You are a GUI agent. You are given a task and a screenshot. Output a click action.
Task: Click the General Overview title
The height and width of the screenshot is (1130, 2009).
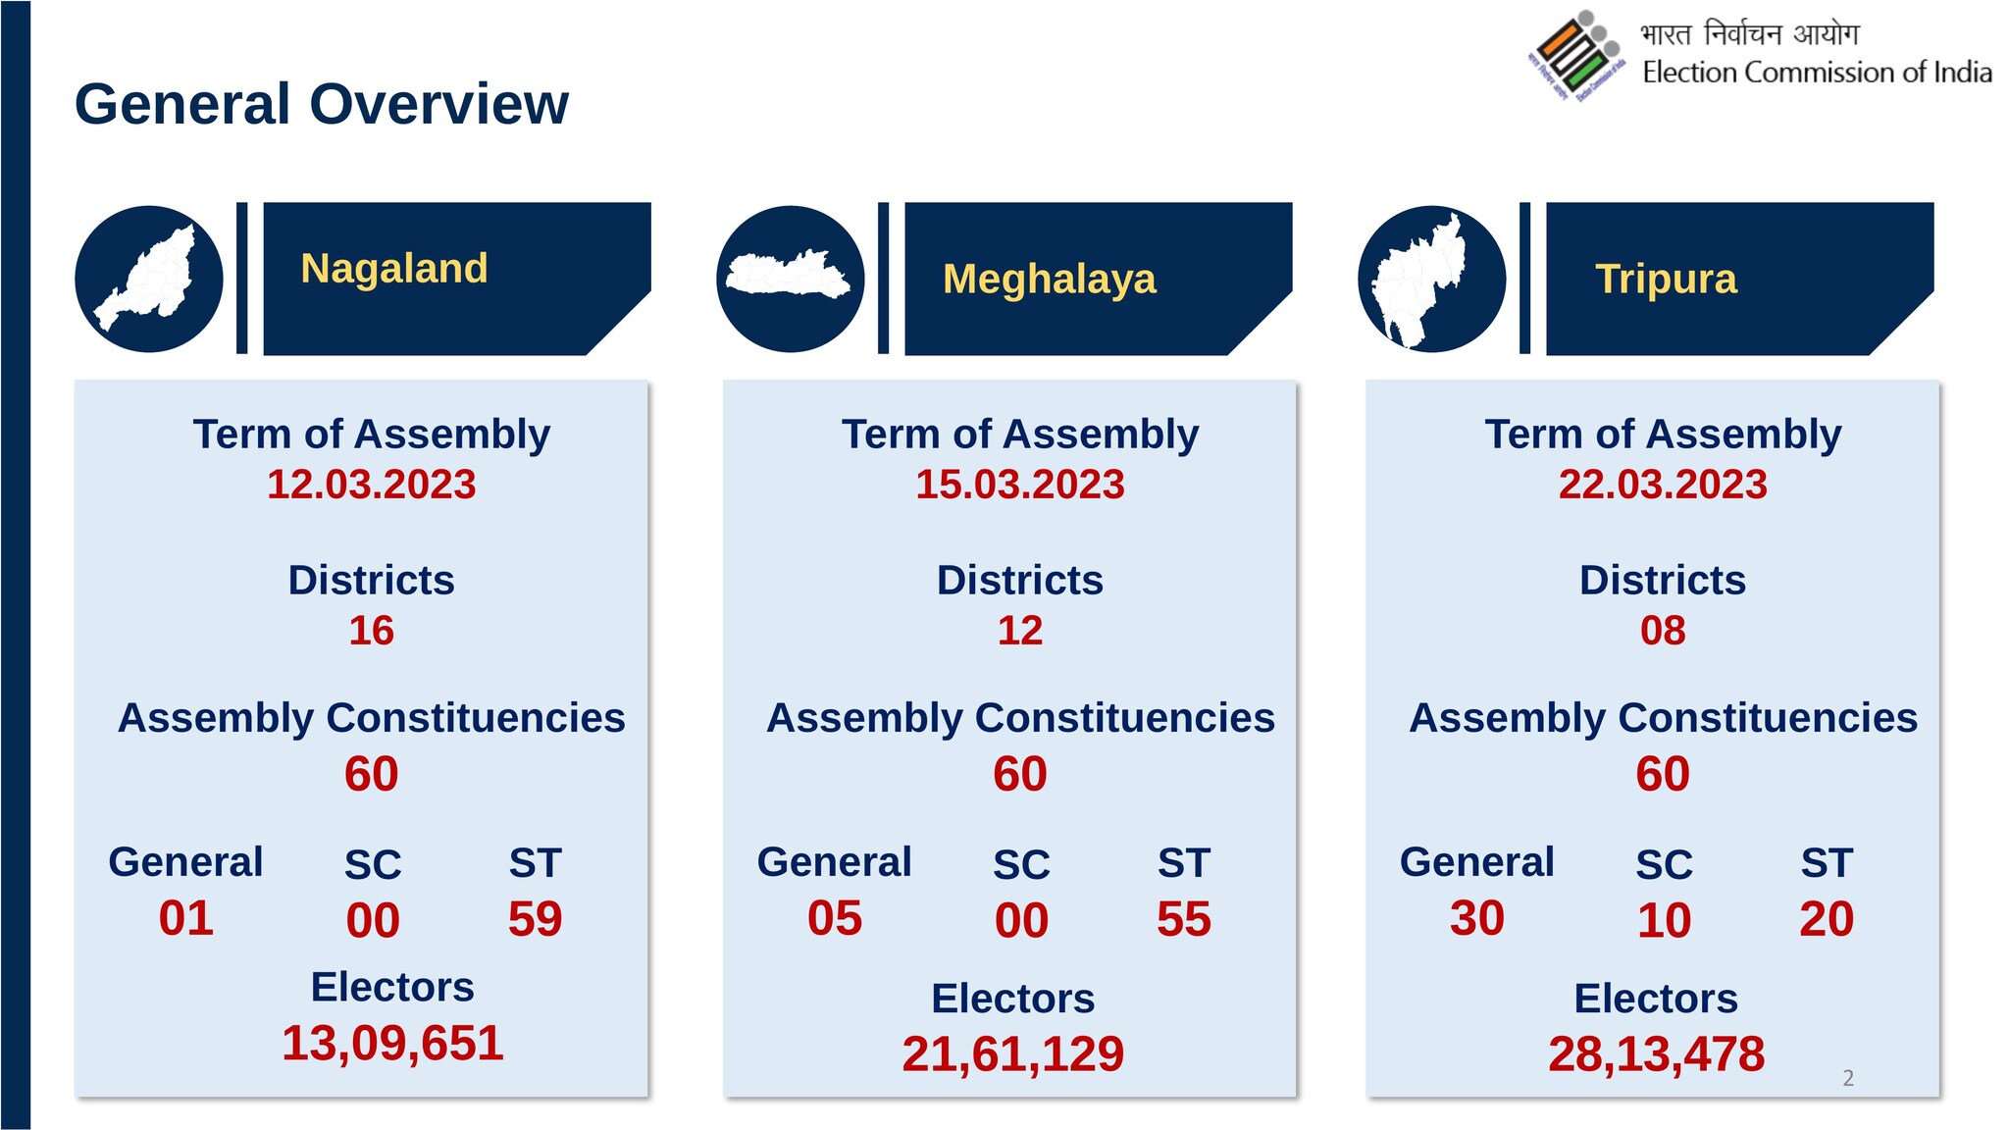[322, 104]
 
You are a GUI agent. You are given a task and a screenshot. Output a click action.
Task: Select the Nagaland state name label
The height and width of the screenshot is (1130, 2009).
[394, 268]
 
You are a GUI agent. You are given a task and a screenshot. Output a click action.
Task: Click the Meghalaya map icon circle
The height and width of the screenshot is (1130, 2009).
[791, 279]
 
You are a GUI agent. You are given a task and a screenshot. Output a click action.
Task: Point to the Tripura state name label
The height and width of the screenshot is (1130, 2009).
[1666, 279]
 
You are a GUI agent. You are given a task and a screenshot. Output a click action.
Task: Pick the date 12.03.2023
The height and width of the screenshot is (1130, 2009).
[372, 485]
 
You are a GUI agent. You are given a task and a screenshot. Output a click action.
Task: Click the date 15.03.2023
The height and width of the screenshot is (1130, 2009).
[1020, 485]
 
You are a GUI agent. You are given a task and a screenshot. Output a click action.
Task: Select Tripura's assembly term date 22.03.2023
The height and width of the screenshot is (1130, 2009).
[1663, 485]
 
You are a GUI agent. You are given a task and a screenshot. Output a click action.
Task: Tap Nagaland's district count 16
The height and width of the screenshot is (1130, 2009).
[372, 631]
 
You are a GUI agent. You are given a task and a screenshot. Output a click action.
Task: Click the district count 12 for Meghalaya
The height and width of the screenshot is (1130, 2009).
[1020, 631]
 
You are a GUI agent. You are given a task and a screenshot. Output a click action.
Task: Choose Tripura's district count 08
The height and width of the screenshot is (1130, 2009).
[1663, 631]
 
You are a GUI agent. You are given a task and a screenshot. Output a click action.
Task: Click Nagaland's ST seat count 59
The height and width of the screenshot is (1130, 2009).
[536, 919]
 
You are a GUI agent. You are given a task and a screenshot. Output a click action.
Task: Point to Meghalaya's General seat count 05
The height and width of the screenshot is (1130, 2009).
[835, 918]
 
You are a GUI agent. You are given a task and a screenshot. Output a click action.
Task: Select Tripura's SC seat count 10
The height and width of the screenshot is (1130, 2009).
[1665, 920]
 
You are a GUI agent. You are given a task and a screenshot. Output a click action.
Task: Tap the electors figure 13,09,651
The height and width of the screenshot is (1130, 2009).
[392, 1043]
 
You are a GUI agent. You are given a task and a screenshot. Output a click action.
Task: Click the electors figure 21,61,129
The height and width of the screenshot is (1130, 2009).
[1013, 1054]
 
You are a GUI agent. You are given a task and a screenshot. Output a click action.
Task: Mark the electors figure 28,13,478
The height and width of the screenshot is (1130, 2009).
[1657, 1054]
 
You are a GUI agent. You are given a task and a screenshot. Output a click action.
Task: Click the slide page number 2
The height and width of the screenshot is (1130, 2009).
[1848, 1078]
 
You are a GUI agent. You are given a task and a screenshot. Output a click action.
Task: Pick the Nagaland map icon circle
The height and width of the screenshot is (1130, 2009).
[149, 279]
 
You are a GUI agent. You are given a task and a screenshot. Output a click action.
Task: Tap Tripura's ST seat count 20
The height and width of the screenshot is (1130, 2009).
[1827, 919]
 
